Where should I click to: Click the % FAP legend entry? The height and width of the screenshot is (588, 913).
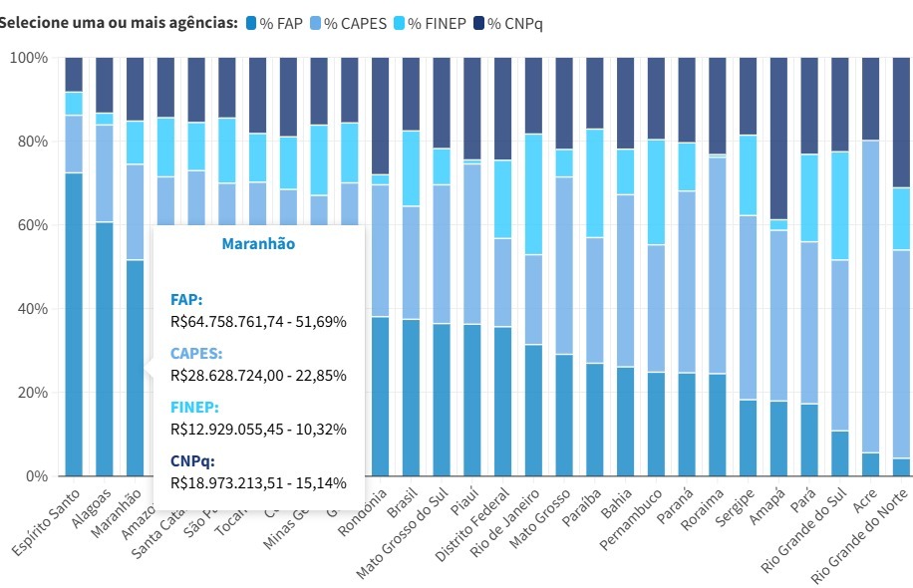[x=274, y=23]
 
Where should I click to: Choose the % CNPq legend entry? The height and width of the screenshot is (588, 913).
[x=515, y=23]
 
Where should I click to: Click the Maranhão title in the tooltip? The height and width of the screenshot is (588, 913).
[x=258, y=243]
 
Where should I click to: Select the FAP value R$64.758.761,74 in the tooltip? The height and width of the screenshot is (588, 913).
[x=258, y=322]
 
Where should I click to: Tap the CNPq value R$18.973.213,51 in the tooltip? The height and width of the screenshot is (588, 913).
[x=258, y=483]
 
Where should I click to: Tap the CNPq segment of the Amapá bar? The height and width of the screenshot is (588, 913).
[x=779, y=139]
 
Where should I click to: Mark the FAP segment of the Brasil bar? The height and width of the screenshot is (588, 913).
[x=411, y=398]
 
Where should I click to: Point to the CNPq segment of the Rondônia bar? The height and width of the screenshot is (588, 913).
[x=380, y=116]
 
